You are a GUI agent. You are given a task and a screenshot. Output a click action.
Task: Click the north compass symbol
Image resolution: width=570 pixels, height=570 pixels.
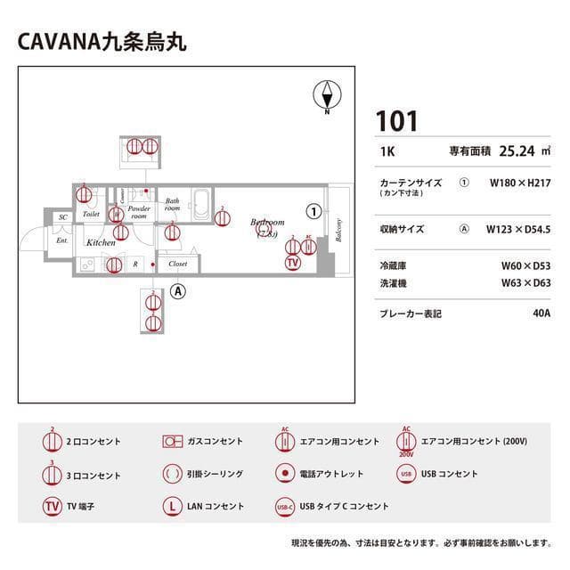(x=328, y=95)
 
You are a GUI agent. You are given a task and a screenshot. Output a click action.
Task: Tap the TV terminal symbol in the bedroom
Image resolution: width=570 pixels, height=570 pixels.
(x=293, y=262)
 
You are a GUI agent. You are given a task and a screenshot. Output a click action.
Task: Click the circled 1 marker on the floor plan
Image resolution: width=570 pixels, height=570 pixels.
(x=313, y=211)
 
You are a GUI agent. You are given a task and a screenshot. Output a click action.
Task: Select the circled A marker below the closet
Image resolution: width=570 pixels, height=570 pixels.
(x=178, y=290)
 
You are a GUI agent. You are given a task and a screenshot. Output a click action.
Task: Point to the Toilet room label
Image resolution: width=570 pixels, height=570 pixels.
(x=91, y=215)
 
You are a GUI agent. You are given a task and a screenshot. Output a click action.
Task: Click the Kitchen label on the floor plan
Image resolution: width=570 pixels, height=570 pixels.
(x=100, y=242)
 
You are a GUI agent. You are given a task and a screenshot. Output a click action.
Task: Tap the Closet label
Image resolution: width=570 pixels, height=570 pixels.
(x=177, y=264)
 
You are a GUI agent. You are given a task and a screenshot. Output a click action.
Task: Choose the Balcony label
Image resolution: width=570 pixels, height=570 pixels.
(x=338, y=229)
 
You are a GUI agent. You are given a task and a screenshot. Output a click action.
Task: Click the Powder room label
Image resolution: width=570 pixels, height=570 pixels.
(x=139, y=212)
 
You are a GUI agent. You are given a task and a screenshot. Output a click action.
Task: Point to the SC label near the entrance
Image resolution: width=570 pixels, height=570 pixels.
(x=62, y=217)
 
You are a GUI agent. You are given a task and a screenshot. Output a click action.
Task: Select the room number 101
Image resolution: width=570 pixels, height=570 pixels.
(x=396, y=121)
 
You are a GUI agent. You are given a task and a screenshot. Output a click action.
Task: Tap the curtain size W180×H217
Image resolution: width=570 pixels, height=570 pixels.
(x=520, y=182)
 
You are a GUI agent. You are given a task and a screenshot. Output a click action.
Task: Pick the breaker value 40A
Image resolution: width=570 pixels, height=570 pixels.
(x=541, y=313)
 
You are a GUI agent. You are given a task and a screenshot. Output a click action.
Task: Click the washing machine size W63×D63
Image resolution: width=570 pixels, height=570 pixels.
(x=525, y=283)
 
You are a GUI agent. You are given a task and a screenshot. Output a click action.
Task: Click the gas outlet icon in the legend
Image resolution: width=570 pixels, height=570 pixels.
(x=172, y=441)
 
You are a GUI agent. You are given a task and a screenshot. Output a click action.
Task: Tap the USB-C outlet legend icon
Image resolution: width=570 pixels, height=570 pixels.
(x=285, y=506)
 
